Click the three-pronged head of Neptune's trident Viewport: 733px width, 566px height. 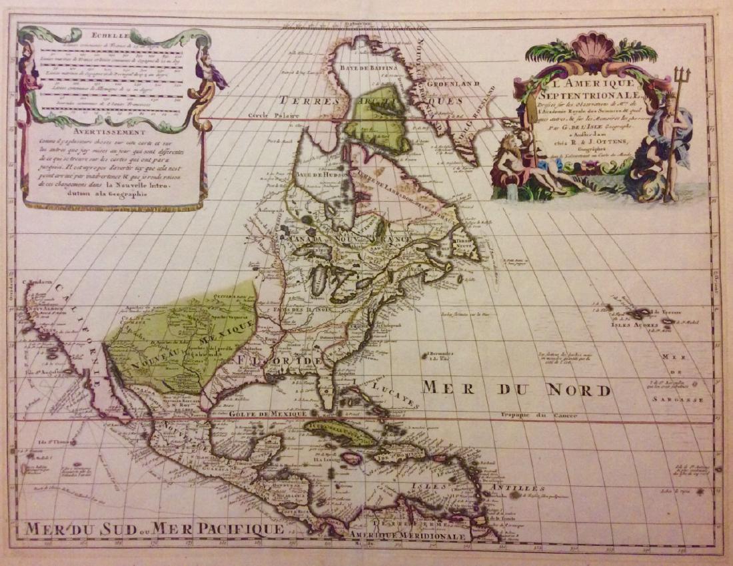point(682,73)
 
